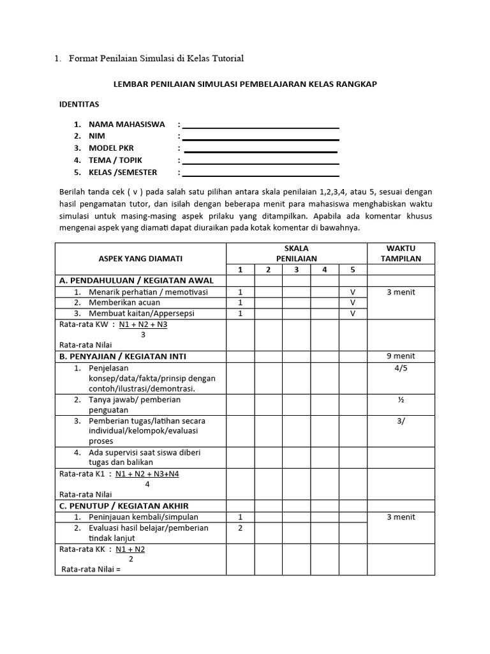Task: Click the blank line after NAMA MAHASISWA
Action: click(260, 127)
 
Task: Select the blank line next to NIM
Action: click(260, 139)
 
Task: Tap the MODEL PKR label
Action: click(112, 148)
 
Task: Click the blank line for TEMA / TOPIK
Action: click(260, 163)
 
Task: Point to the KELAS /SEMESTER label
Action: click(122, 172)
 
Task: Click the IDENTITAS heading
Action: click(79, 103)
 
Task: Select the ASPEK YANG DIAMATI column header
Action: click(140, 258)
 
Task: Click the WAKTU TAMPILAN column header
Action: click(401, 253)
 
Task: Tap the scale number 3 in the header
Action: click(296, 270)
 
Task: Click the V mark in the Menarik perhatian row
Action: click(352, 292)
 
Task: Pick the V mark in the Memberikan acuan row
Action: click(352, 303)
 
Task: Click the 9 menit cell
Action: click(401, 356)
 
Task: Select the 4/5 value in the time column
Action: click(401, 368)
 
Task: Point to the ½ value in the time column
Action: click(401, 400)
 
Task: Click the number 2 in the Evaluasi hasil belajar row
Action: click(240, 528)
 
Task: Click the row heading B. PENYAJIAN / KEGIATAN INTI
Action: click(122, 356)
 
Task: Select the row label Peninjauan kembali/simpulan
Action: click(144, 517)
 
